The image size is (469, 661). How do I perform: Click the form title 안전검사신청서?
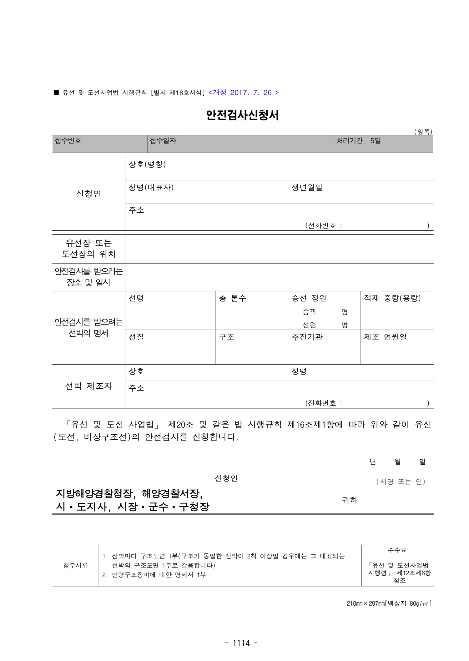(x=242, y=116)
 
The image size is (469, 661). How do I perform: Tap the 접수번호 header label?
(x=68, y=141)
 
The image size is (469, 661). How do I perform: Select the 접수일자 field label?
(x=163, y=141)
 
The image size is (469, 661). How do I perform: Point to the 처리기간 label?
(x=350, y=141)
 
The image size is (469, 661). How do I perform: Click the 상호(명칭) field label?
(x=147, y=164)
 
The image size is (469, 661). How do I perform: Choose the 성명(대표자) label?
(x=151, y=187)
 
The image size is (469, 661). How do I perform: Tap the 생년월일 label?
(x=307, y=188)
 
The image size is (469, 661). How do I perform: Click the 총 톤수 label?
(x=233, y=298)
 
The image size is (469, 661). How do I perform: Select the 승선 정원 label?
(x=309, y=298)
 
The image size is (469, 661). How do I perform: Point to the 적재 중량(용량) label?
(x=392, y=298)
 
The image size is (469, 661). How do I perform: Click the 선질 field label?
(x=136, y=337)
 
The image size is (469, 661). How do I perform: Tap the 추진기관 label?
(x=307, y=337)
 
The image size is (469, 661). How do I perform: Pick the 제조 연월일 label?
(x=385, y=337)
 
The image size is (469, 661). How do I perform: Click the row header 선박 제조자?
(x=88, y=386)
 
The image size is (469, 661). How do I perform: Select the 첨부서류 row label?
(x=75, y=566)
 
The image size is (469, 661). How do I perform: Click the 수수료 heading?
(x=397, y=550)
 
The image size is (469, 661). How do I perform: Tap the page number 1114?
(x=241, y=643)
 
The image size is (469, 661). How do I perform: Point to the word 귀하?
(x=350, y=500)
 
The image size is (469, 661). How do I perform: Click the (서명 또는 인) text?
(x=401, y=482)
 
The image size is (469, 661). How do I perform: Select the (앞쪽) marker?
(x=423, y=132)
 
